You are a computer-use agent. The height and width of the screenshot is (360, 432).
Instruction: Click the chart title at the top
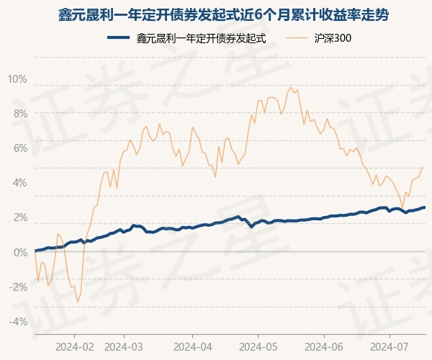[x=216, y=14]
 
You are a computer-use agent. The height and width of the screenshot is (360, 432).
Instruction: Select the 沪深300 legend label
[x=332, y=39]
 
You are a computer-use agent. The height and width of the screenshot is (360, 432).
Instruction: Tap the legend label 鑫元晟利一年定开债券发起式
[x=202, y=39]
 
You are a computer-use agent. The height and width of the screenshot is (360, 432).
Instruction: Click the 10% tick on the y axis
[x=17, y=78]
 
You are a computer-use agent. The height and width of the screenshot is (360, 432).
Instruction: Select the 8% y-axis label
[x=19, y=113]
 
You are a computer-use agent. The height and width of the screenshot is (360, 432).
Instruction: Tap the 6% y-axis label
[x=19, y=148]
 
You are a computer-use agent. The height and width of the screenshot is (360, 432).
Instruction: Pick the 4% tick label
[x=19, y=182]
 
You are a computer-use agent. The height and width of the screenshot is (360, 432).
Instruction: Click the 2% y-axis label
[x=19, y=217]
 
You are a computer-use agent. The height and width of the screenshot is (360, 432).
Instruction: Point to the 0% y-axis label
[x=19, y=252]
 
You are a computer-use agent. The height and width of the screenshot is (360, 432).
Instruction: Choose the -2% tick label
[x=18, y=287]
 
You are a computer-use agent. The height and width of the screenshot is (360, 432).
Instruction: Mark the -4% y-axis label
[x=18, y=321]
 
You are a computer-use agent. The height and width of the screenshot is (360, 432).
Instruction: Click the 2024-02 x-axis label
[x=74, y=345]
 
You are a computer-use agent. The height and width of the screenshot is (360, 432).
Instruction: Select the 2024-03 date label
[x=124, y=345]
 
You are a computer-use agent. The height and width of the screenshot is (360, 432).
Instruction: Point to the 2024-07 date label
[x=390, y=345]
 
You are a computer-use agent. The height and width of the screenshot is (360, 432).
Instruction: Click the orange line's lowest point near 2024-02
[x=77, y=302]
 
